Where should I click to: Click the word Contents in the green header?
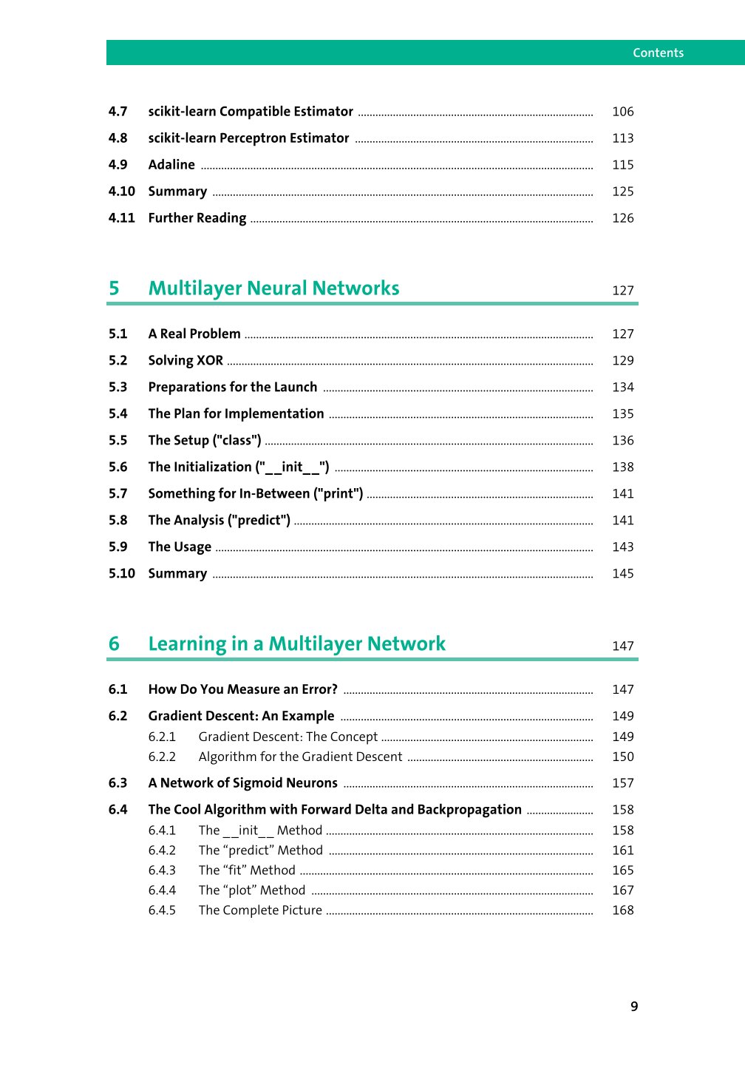(x=658, y=53)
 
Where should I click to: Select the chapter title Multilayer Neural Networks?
(x=273, y=288)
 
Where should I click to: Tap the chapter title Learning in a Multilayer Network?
(x=296, y=644)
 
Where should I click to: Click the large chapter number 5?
(x=114, y=288)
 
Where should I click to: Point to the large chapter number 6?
(x=114, y=644)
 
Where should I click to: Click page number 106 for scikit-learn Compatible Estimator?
(x=622, y=112)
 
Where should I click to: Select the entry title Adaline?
(x=171, y=165)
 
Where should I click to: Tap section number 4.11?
(x=122, y=218)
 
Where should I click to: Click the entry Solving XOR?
(x=186, y=361)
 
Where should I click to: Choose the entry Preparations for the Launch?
(x=232, y=388)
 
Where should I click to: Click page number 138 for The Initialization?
(x=622, y=467)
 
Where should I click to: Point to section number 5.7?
(x=118, y=494)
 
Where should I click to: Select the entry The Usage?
(x=180, y=547)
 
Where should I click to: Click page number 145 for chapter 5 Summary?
(x=622, y=574)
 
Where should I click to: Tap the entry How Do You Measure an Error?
(x=242, y=690)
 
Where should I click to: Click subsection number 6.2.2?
(x=162, y=757)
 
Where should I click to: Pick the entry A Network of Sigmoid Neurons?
(x=242, y=783)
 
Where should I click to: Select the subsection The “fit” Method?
(x=247, y=870)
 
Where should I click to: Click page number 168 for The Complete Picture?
(x=622, y=910)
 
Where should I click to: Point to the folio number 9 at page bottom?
(x=634, y=1007)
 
